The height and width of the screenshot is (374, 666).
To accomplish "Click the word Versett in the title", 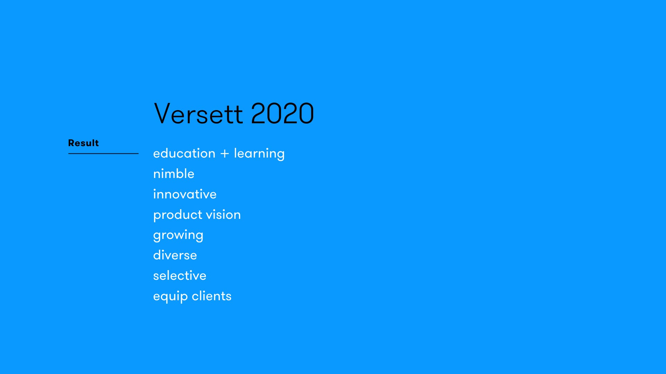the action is pyautogui.click(x=198, y=113).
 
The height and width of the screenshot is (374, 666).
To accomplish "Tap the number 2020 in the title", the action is pyautogui.click(x=282, y=113).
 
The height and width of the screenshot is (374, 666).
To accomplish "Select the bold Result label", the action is pyautogui.click(x=83, y=143).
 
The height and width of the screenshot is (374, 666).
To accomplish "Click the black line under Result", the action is pyautogui.click(x=103, y=153).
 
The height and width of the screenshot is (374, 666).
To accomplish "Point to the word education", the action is pyautogui.click(x=184, y=153).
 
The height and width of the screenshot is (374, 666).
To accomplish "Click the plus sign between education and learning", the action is pyautogui.click(x=225, y=154).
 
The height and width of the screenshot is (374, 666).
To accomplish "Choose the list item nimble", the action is pyautogui.click(x=174, y=173).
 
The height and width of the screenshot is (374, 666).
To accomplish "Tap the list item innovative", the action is pyautogui.click(x=185, y=194).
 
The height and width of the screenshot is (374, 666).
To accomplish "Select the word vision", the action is pyautogui.click(x=223, y=214).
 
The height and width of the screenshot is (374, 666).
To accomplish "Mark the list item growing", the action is pyautogui.click(x=178, y=235).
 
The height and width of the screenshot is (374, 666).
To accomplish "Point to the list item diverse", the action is pyautogui.click(x=175, y=255).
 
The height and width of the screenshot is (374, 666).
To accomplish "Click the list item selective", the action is pyautogui.click(x=180, y=275).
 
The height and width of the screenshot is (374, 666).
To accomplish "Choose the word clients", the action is pyautogui.click(x=212, y=296).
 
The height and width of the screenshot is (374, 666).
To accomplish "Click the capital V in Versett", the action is pyautogui.click(x=164, y=113).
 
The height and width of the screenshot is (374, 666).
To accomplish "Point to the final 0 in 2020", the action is pyautogui.click(x=306, y=113).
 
